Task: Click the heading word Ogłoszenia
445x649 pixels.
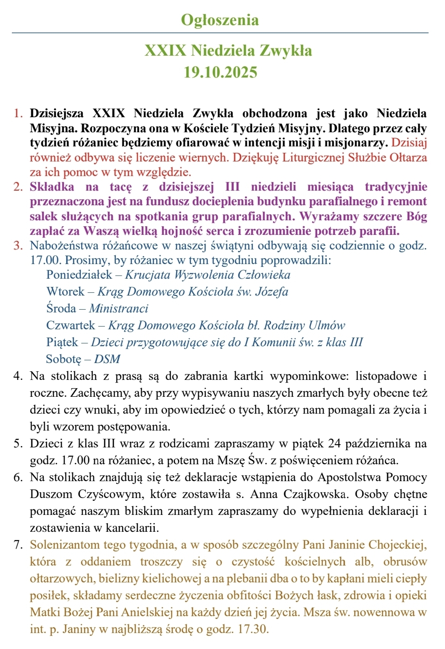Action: click(x=220, y=20)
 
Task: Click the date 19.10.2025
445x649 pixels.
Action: click(x=220, y=72)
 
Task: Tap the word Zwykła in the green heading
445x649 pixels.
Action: click(x=286, y=50)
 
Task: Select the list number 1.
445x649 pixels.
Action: click(x=18, y=113)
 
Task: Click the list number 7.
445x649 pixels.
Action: click(x=18, y=545)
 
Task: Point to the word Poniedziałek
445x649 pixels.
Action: click(x=79, y=275)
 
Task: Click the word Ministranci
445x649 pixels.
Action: click(x=119, y=308)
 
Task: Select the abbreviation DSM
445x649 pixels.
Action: click(x=107, y=359)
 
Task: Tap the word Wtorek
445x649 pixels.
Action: click(x=65, y=291)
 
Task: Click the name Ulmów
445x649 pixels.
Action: click(x=327, y=325)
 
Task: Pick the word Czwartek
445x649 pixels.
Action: click(x=71, y=325)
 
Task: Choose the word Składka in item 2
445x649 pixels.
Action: click(x=52, y=187)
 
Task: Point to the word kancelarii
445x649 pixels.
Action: click(x=132, y=528)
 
